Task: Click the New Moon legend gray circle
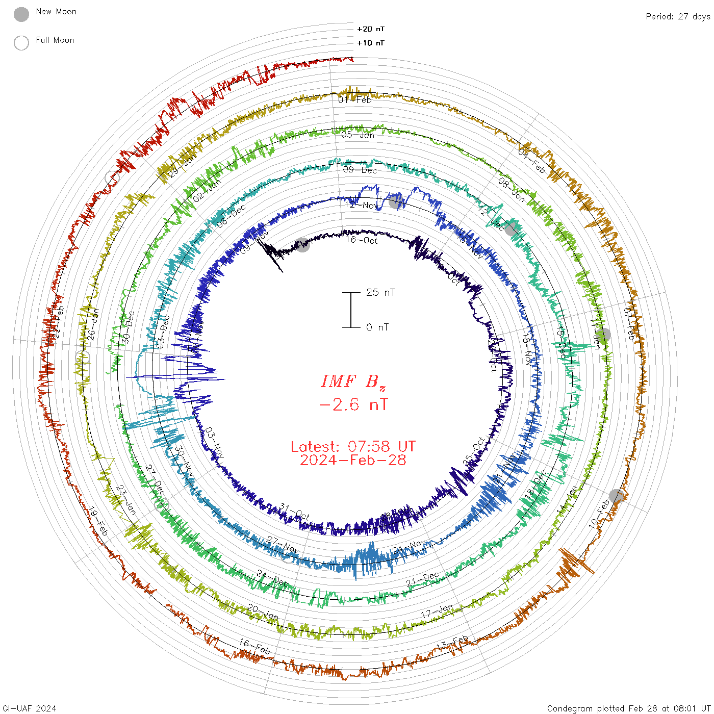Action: point(21,14)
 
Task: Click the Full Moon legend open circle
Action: point(21,43)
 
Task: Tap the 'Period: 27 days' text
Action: point(678,16)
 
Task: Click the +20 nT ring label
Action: point(370,29)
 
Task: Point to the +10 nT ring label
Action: point(370,43)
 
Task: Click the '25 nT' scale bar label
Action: point(380,292)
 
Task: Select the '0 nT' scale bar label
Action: point(377,327)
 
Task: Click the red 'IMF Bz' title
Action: point(353,381)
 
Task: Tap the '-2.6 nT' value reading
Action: point(353,404)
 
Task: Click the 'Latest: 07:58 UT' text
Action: point(353,447)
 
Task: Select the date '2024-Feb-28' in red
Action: point(353,460)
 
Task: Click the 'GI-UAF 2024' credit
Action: point(30,708)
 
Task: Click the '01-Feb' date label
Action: point(355,100)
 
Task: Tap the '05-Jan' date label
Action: point(358,135)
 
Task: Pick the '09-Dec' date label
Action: point(360,170)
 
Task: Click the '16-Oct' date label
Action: point(362,240)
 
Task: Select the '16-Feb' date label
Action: point(254,646)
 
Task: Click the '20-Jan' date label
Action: point(263,612)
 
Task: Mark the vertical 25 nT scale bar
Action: point(351,310)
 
